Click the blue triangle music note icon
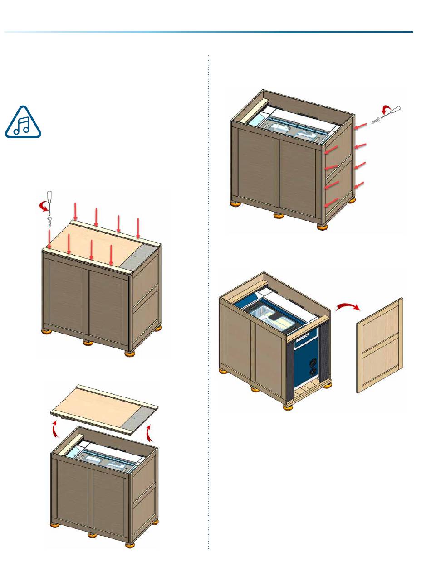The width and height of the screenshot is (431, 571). [23, 123]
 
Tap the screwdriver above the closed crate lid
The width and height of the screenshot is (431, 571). [50, 201]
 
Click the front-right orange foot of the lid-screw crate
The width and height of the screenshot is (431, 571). [130, 353]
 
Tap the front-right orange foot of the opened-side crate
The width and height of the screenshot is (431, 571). [287, 406]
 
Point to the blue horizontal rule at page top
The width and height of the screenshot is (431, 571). [209, 32]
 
